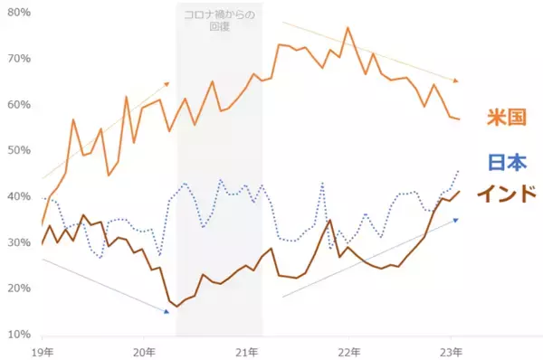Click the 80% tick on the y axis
point(19,13)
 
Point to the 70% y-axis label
point(19,59)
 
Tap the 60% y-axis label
point(19,105)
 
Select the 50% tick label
point(19,151)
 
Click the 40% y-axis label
point(19,196)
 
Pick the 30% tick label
point(19,242)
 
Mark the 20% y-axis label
point(19,289)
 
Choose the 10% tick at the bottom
point(19,335)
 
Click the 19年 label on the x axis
point(41,350)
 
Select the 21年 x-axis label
point(247,350)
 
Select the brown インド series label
point(507,193)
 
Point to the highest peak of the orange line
point(348,27)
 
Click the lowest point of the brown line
point(177,307)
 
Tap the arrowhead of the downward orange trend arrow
point(455,80)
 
